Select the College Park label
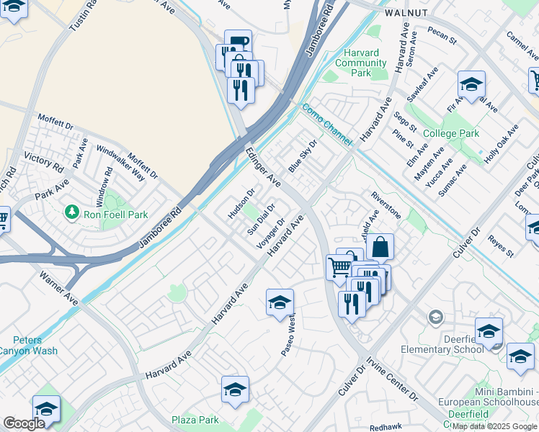pyautogui.click(x=451, y=133)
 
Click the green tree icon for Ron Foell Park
pyautogui.click(x=71, y=212)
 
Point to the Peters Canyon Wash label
pyautogui.click(x=27, y=346)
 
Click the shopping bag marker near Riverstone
pyautogui.click(x=380, y=248)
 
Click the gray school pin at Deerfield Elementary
pyautogui.click(x=435, y=317)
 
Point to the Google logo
pyautogui.click(x=24, y=423)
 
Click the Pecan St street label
pyautogui.click(x=441, y=36)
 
